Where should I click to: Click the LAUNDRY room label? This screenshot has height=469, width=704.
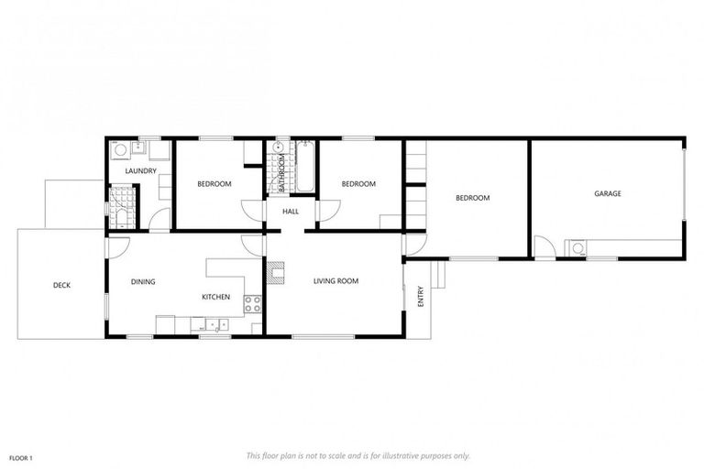(x=141, y=170)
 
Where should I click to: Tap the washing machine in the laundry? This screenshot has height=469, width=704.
(x=119, y=151)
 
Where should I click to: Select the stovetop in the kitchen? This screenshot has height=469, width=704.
(x=252, y=304)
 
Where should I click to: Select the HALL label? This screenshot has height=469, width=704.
(x=291, y=212)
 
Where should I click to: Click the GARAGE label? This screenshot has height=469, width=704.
(x=607, y=193)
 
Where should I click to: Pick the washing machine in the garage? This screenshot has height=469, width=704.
(x=577, y=247)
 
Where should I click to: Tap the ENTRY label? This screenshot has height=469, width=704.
(x=421, y=297)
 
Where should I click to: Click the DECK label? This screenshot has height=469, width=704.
(x=61, y=285)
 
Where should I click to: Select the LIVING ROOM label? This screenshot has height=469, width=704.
(x=335, y=281)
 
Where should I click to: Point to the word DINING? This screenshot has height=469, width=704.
(x=143, y=281)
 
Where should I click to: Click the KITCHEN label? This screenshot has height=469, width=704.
(x=215, y=297)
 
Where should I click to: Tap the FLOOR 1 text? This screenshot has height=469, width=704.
(x=21, y=456)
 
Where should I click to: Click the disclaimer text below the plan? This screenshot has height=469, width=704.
(x=357, y=454)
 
